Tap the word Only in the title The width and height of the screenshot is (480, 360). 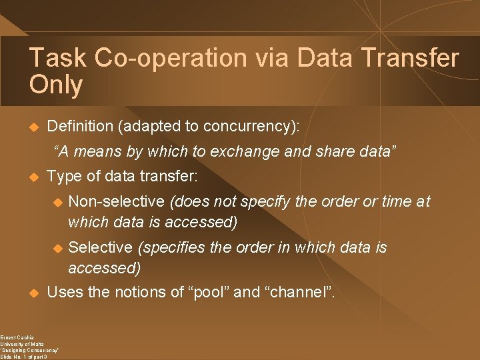[x=56, y=85]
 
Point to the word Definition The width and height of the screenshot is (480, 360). [x=79, y=126]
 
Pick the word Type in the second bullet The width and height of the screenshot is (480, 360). [x=64, y=177]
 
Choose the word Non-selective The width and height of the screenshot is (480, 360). [x=116, y=201]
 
